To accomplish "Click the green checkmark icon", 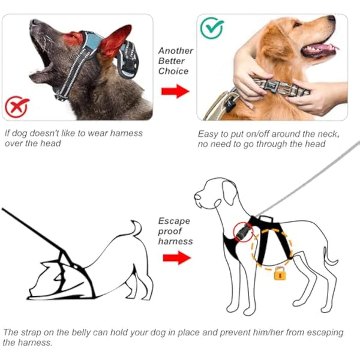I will tap(212, 28).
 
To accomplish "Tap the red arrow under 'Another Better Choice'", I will tap(175, 92).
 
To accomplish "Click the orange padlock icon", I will tap(279, 274).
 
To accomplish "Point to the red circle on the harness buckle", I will tap(244, 230).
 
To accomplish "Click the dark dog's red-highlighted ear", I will tap(115, 41).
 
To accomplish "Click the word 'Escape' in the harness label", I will tap(173, 221).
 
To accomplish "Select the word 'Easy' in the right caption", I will tap(208, 133).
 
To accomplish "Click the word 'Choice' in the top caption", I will tap(173, 71).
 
